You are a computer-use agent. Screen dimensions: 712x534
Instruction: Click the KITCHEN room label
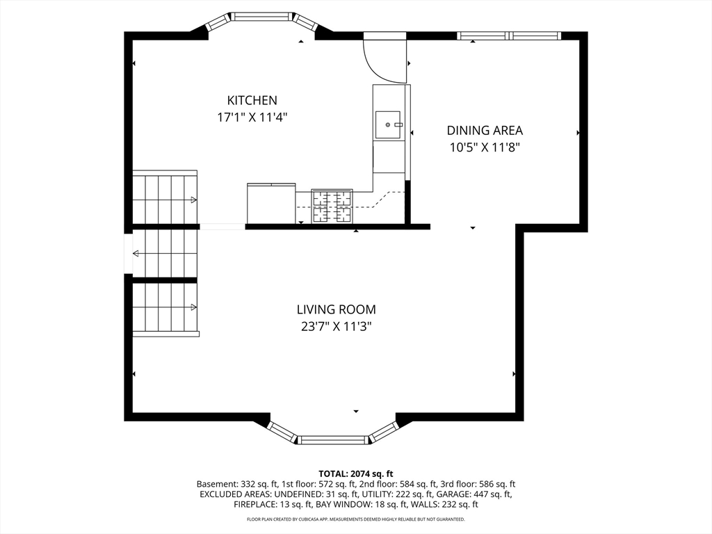252,100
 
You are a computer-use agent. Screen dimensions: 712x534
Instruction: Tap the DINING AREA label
485,130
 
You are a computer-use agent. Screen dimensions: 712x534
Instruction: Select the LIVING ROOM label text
337,309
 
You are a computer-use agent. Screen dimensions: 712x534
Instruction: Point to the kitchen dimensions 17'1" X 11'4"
252,117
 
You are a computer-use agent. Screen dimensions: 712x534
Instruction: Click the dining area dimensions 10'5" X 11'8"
485,147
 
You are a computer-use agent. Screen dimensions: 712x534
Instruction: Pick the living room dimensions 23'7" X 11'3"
337,326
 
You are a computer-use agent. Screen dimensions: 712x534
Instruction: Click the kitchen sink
388,125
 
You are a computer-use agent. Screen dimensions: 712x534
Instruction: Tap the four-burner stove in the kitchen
332,206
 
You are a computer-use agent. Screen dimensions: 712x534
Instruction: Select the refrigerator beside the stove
271,203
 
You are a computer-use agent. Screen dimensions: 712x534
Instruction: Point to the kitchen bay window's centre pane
262,17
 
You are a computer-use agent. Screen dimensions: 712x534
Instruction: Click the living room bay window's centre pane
333,439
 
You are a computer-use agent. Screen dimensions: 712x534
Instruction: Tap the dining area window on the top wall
509,35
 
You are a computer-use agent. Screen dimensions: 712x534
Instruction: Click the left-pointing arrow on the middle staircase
136,253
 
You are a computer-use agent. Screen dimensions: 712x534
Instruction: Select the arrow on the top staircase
193,200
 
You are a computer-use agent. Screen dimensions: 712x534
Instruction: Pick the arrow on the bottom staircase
193,307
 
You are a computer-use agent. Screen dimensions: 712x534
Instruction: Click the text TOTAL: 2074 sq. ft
355,474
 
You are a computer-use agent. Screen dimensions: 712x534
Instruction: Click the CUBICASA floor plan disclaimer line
355,519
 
